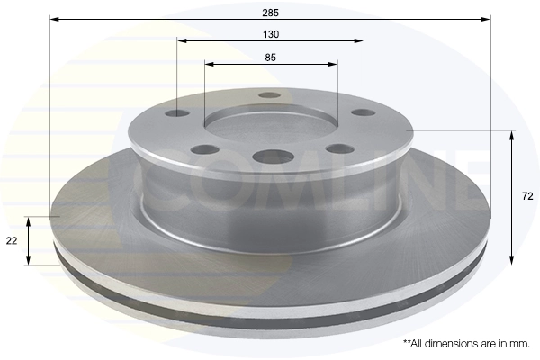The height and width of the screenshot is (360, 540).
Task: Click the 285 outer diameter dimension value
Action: click(270, 13)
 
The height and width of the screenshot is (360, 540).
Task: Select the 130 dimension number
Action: click(271, 34)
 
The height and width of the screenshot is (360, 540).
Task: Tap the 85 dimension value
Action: click(271, 58)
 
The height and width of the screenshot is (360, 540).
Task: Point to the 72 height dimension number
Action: click(527, 196)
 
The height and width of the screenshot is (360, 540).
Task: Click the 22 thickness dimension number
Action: click(12, 241)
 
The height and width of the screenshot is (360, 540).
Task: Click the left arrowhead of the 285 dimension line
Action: click(54, 19)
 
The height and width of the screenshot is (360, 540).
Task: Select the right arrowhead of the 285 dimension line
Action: click(486, 19)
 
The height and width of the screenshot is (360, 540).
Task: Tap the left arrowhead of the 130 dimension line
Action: click(182, 41)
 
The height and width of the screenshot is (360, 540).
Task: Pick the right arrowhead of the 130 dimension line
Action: click(359, 41)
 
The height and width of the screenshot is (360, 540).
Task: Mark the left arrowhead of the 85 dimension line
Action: click(210, 64)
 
